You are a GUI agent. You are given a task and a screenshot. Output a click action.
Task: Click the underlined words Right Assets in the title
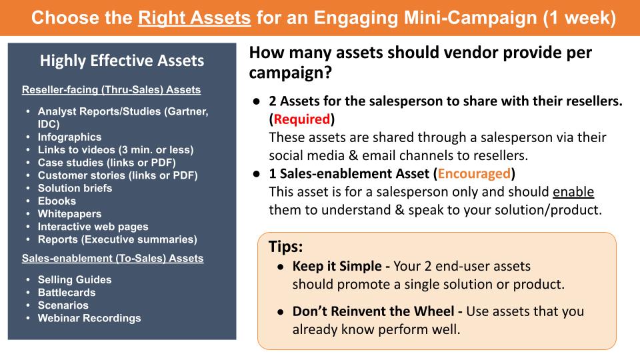click(195, 17)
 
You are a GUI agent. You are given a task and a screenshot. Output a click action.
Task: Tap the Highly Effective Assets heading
click(122, 61)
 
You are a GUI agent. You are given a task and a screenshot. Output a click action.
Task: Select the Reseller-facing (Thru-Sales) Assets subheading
click(111, 89)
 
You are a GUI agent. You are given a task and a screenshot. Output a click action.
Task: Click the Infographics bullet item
click(69, 137)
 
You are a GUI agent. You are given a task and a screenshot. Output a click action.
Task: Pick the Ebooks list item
click(57, 201)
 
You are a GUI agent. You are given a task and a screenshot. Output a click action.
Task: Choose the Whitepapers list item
click(69, 214)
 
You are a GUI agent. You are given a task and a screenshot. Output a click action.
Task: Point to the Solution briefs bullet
click(75, 188)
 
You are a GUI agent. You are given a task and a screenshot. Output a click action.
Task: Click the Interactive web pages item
click(93, 227)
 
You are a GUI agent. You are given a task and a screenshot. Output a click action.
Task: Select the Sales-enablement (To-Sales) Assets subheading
click(113, 258)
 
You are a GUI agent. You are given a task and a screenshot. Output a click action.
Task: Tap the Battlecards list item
click(67, 292)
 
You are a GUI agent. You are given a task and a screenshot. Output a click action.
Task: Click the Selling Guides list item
click(75, 279)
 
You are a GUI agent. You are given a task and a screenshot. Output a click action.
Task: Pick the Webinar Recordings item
click(89, 318)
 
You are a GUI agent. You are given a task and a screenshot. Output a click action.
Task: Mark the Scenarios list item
click(63, 305)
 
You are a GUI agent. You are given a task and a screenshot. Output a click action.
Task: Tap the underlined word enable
click(573, 192)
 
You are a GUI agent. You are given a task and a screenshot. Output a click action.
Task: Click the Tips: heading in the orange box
click(286, 247)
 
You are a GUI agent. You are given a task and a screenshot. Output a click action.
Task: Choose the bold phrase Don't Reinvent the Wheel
click(377, 311)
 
